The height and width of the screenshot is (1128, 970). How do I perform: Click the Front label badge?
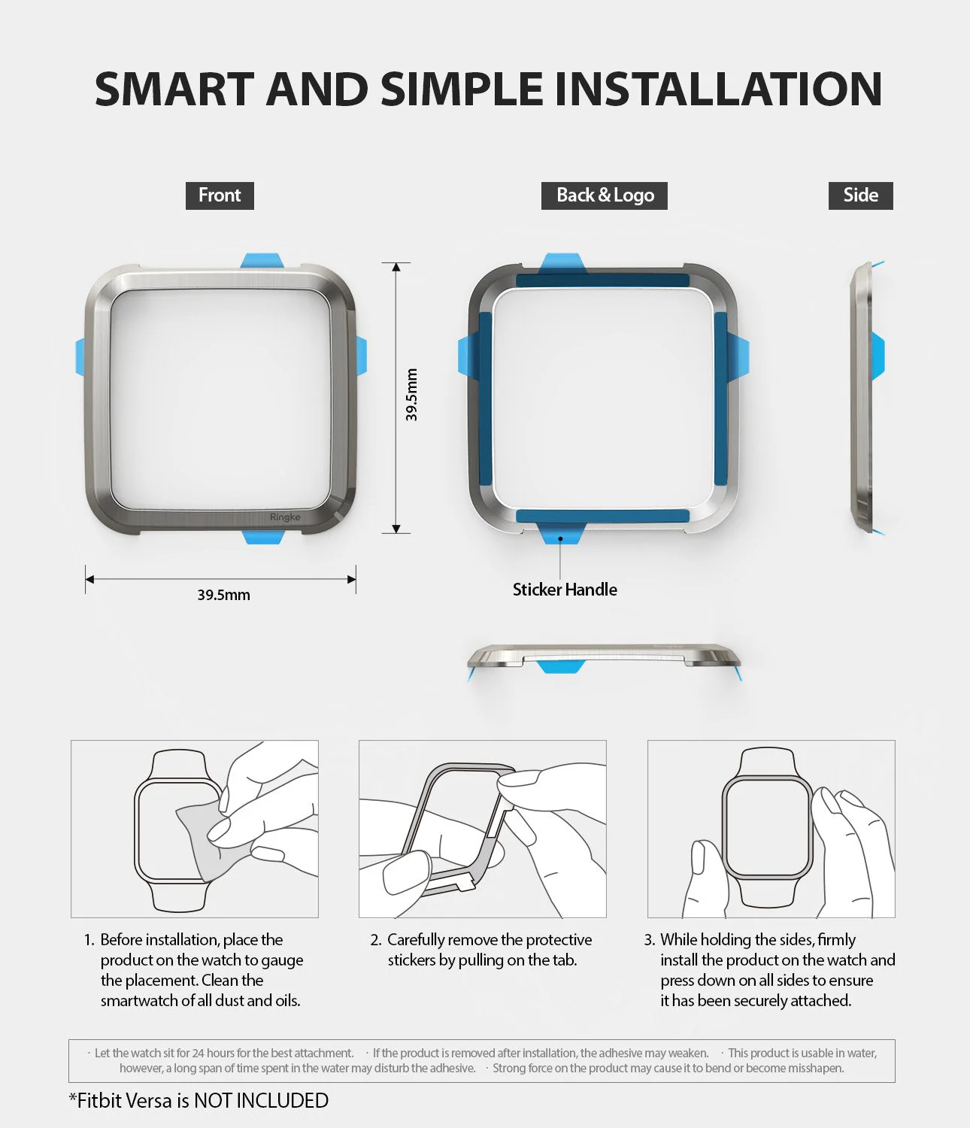220,196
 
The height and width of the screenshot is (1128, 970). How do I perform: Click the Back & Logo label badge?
605,196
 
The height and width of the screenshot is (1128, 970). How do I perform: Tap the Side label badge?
860,196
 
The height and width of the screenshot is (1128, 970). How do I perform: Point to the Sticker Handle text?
565,590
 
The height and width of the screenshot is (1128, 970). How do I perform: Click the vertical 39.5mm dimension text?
411,395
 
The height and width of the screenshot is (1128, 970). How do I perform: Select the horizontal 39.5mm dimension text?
223,595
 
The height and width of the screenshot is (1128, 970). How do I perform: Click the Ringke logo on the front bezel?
285,517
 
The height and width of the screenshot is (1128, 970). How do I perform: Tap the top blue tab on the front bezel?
261,260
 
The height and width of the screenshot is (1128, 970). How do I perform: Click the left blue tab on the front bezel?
80,356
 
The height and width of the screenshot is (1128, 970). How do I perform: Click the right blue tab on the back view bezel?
740,356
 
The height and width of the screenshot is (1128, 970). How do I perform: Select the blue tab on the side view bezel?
878,355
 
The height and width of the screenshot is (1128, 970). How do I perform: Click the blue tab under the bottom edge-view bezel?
562,666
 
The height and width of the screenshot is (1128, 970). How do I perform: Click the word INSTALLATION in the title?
717,89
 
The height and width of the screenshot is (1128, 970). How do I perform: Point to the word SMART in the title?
174,89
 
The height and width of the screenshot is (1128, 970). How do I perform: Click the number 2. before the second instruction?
376,940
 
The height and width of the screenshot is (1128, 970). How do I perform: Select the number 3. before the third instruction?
650,940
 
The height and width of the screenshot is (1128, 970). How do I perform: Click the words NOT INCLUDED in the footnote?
261,1101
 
